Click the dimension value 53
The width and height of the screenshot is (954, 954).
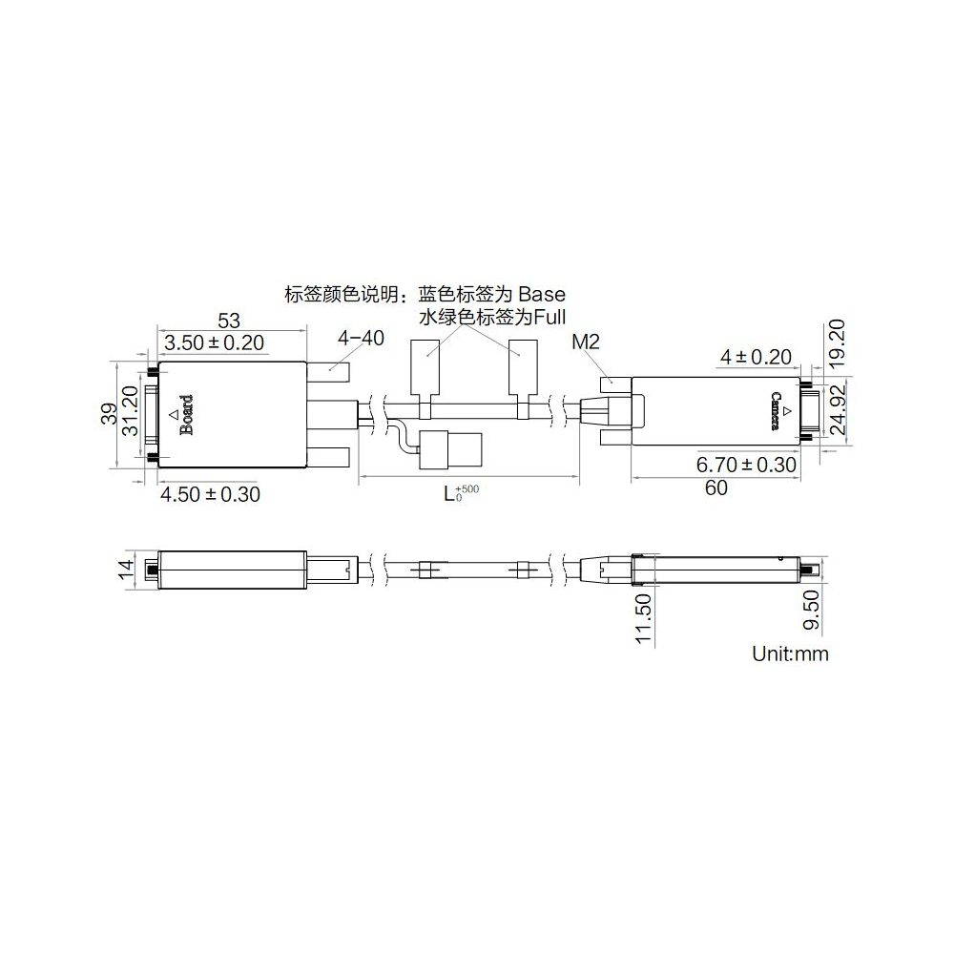click(x=229, y=320)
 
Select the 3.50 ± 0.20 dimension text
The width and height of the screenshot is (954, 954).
click(x=214, y=342)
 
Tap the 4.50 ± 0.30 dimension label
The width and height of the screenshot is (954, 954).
click(x=210, y=494)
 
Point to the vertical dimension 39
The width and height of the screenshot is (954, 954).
click(x=109, y=415)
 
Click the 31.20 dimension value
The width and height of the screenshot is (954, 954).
click(x=131, y=410)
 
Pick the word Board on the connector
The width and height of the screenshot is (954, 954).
click(x=186, y=415)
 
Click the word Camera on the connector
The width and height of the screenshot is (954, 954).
click(x=776, y=411)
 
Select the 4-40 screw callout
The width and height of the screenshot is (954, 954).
click(x=361, y=338)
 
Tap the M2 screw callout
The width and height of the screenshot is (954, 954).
click(x=586, y=342)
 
